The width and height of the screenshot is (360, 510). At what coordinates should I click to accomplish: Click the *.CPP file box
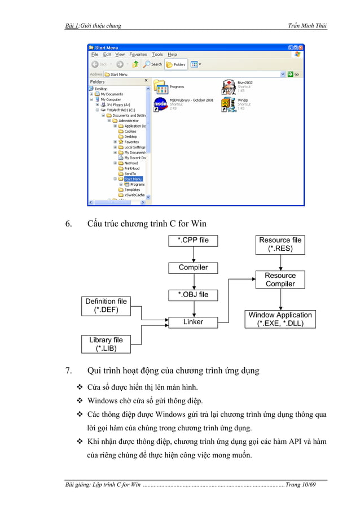193,241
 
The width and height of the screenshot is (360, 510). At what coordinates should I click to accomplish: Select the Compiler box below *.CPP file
193,268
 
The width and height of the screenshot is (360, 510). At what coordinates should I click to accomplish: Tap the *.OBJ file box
193,295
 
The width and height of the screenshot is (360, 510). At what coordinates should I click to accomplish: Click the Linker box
193,322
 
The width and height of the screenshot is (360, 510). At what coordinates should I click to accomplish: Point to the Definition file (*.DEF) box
106,306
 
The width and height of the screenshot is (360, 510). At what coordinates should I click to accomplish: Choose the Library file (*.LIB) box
106,344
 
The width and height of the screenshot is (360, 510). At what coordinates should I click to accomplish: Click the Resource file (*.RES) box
280,244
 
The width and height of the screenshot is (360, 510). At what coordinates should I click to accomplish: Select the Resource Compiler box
280,280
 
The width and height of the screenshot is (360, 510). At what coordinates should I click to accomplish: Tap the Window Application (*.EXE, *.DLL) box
280,319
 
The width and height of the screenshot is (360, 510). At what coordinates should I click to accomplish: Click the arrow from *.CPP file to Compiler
193,254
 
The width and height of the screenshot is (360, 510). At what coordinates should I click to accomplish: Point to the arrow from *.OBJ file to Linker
193,308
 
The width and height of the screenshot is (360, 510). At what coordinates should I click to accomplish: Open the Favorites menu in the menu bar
138,55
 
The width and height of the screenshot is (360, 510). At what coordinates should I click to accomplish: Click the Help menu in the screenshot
172,55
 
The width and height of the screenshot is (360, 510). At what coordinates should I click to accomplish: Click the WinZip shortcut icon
229,104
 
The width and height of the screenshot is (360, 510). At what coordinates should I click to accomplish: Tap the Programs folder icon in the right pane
161,87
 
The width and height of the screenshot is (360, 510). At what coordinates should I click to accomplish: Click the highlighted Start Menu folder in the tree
133,179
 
